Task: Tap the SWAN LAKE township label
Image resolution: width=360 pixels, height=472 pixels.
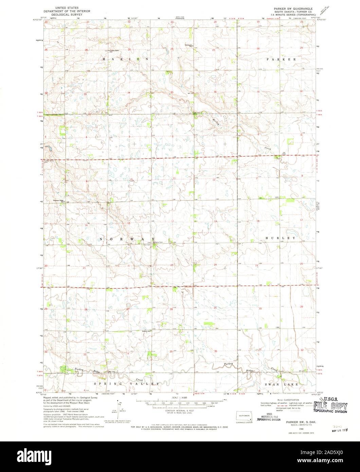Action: pyautogui.click(x=282, y=384)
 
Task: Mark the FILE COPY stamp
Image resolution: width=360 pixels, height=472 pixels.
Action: pyautogui.click(x=330, y=405)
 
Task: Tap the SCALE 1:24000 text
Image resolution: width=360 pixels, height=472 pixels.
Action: pyautogui.click(x=180, y=397)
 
